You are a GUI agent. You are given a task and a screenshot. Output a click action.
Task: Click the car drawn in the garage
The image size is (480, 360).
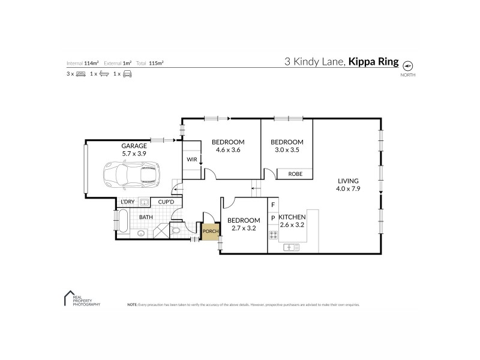130,174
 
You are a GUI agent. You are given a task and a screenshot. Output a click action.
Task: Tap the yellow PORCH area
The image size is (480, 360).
209,231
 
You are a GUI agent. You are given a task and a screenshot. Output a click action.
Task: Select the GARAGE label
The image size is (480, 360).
134,145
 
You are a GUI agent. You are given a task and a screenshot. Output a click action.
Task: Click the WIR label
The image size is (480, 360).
191,160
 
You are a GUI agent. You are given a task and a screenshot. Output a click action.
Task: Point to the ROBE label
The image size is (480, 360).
295,174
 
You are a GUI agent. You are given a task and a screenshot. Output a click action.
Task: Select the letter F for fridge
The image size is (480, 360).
273,205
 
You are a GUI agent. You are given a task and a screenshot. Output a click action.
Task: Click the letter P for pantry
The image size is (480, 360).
273,218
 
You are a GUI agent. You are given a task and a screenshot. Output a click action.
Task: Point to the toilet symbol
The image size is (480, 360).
176,230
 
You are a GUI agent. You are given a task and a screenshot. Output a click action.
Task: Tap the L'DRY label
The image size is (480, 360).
127,202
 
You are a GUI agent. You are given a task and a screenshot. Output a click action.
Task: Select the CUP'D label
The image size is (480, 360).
166,202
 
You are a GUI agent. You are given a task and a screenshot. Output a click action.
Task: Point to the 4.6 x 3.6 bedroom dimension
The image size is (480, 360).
226,150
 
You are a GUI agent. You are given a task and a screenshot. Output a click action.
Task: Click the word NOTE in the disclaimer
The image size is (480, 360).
133,305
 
